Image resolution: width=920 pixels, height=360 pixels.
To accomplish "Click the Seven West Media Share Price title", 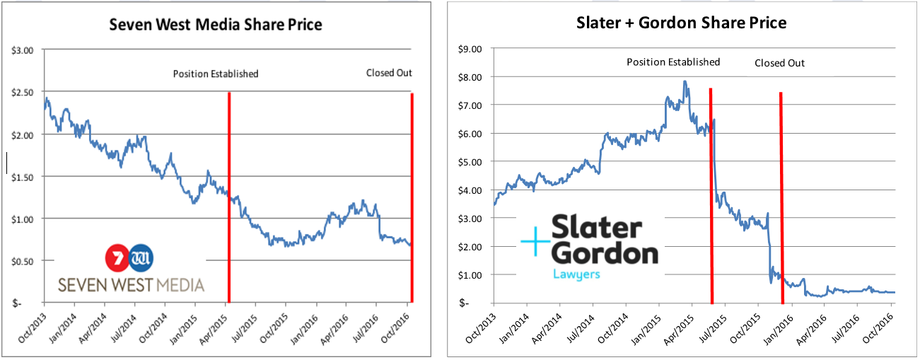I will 215,25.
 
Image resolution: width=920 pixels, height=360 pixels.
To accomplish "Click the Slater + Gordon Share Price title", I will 681,23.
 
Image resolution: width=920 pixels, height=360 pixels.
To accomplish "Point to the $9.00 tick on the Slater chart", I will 471,49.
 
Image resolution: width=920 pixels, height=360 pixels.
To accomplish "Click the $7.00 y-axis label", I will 471,105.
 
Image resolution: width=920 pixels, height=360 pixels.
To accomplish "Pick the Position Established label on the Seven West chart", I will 216,74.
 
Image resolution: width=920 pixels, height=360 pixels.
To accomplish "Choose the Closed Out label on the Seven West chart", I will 389,73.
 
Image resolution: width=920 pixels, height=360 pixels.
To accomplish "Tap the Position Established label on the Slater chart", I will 673,62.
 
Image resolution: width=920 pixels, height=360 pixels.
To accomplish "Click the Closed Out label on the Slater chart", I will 779,63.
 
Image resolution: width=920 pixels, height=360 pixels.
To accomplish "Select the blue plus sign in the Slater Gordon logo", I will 535,243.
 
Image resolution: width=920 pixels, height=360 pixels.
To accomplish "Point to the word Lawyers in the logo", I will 576,273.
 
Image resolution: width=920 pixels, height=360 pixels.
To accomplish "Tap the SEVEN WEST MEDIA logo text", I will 131,284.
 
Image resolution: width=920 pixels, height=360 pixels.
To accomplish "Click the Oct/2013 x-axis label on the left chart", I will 33,327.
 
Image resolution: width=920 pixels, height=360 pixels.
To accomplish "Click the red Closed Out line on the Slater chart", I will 781,198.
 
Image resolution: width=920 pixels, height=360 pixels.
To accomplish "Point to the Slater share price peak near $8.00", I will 685,82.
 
